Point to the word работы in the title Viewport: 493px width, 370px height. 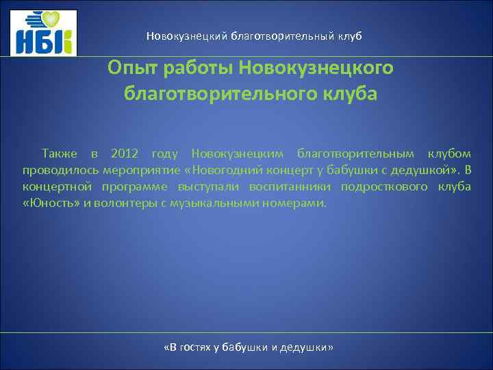197,69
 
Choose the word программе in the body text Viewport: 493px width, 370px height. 134,186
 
